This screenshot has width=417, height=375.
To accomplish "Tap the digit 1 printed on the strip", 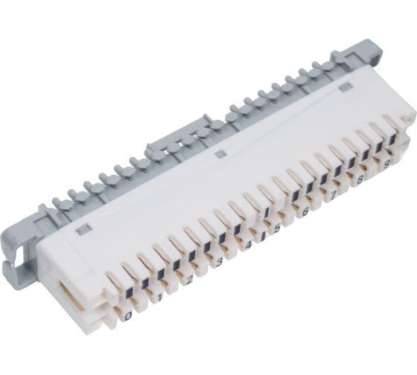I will [159, 297].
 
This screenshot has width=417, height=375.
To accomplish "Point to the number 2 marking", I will [189, 279].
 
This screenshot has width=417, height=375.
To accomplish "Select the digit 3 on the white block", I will [219, 261].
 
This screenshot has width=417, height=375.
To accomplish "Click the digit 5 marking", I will [276, 228].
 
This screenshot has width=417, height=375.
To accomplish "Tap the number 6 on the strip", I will [305, 211].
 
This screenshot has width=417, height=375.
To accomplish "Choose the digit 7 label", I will [332, 195].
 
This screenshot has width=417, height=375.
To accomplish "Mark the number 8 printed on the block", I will [359, 179].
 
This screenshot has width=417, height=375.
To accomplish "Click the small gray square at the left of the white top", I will [84, 224].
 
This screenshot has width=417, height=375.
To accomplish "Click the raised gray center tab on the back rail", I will [171, 144].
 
